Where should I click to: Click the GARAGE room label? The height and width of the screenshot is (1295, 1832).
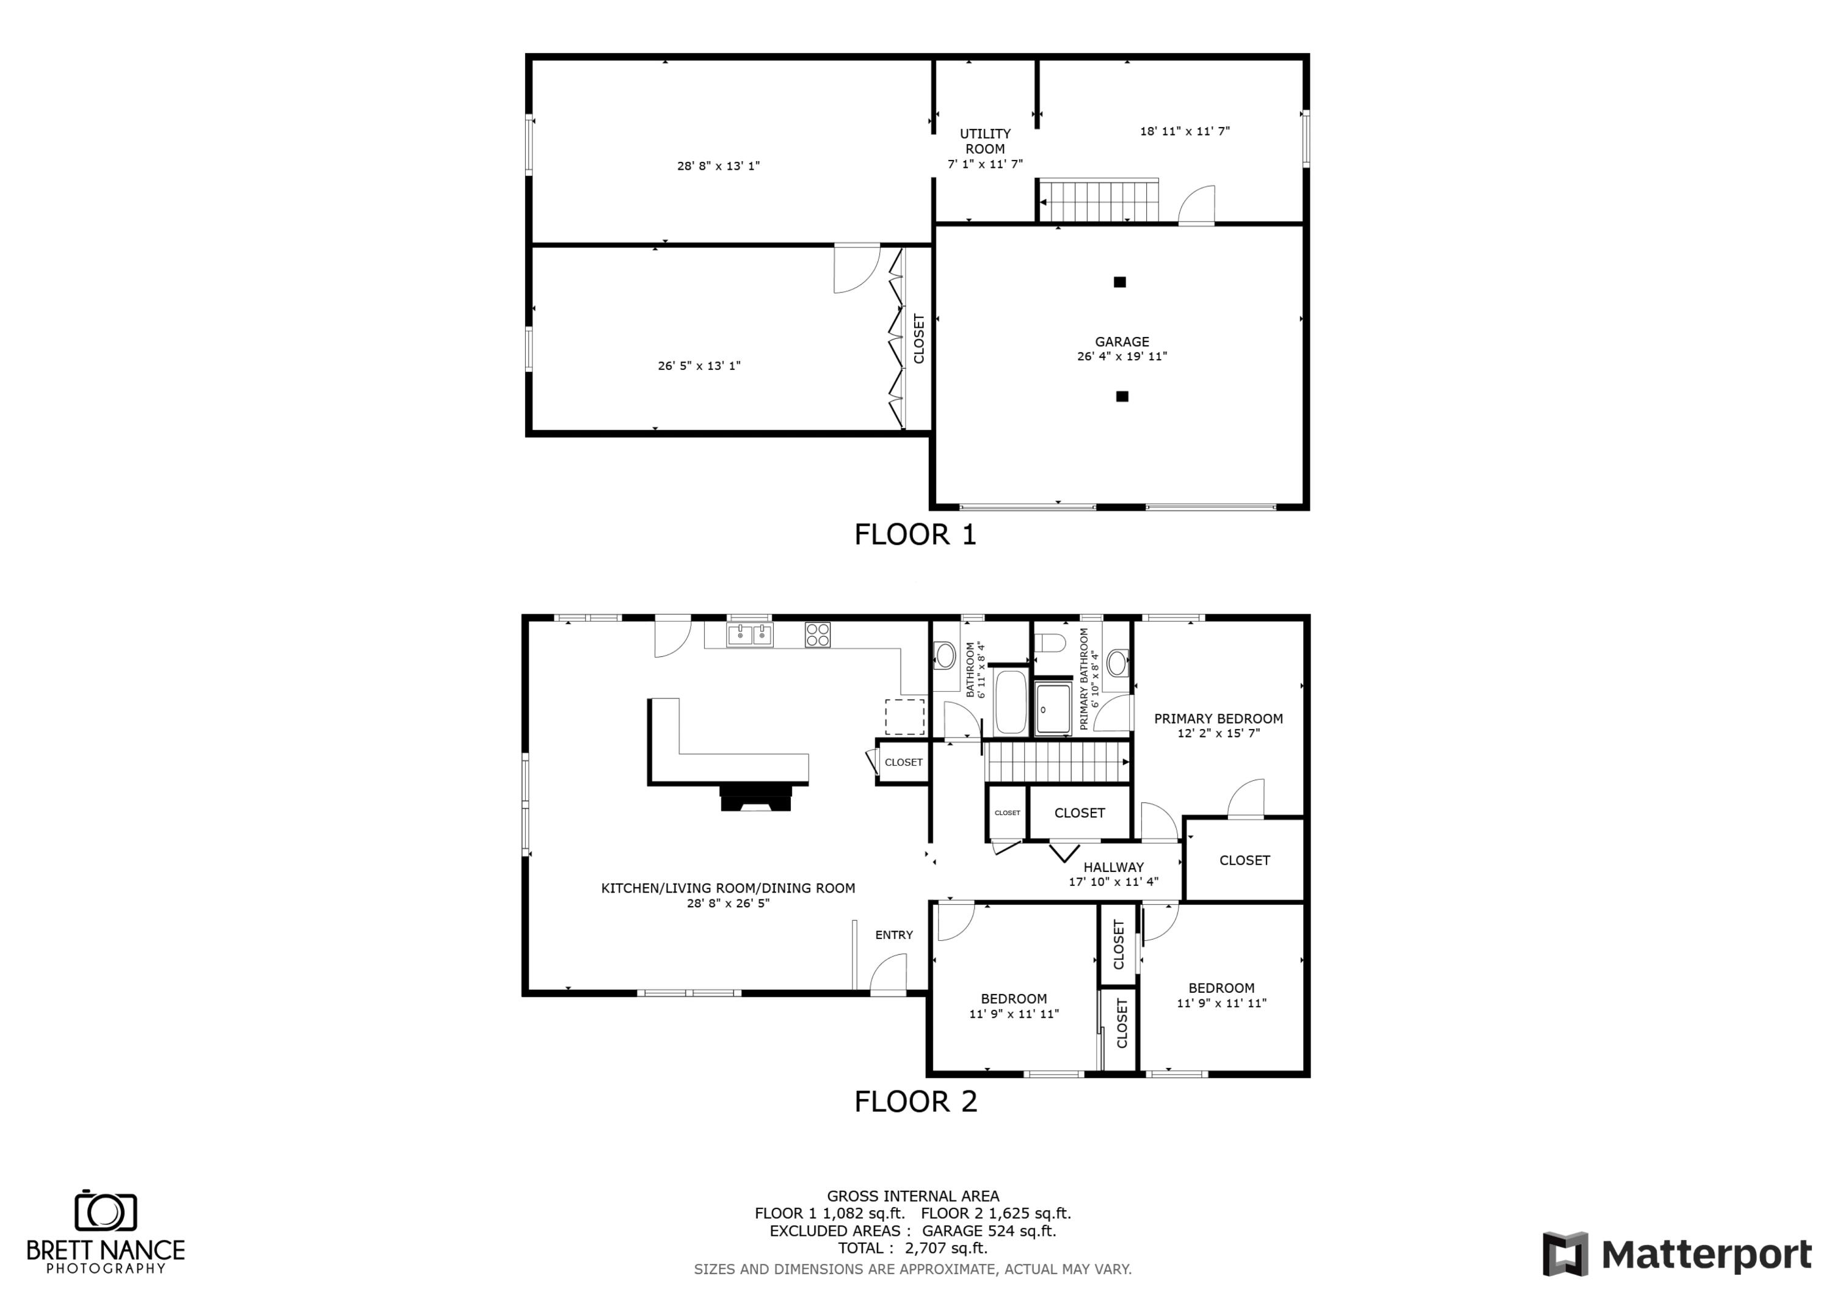click(x=1121, y=341)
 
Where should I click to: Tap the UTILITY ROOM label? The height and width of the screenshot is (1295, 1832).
click(x=984, y=141)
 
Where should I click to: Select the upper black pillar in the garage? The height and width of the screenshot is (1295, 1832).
click(x=1119, y=281)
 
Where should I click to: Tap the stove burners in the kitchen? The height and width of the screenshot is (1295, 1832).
click(x=817, y=635)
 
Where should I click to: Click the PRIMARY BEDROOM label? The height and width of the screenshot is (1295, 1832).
click(x=1218, y=718)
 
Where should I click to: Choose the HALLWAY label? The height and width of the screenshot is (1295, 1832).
click(x=1113, y=868)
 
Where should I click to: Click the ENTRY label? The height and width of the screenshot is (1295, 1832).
click(x=893, y=934)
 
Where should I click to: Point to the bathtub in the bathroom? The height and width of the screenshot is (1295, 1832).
click(x=1010, y=702)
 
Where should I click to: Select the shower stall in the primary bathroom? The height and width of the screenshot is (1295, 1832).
click(x=1052, y=708)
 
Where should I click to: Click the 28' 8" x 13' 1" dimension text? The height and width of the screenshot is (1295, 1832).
click(x=718, y=166)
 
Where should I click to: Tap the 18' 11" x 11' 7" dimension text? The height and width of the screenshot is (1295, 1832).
click(x=1184, y=131)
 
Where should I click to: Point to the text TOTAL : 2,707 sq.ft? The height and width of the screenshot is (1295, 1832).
click(x=912, y=1248)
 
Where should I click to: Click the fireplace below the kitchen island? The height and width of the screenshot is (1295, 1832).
click(x=755, y=798)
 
